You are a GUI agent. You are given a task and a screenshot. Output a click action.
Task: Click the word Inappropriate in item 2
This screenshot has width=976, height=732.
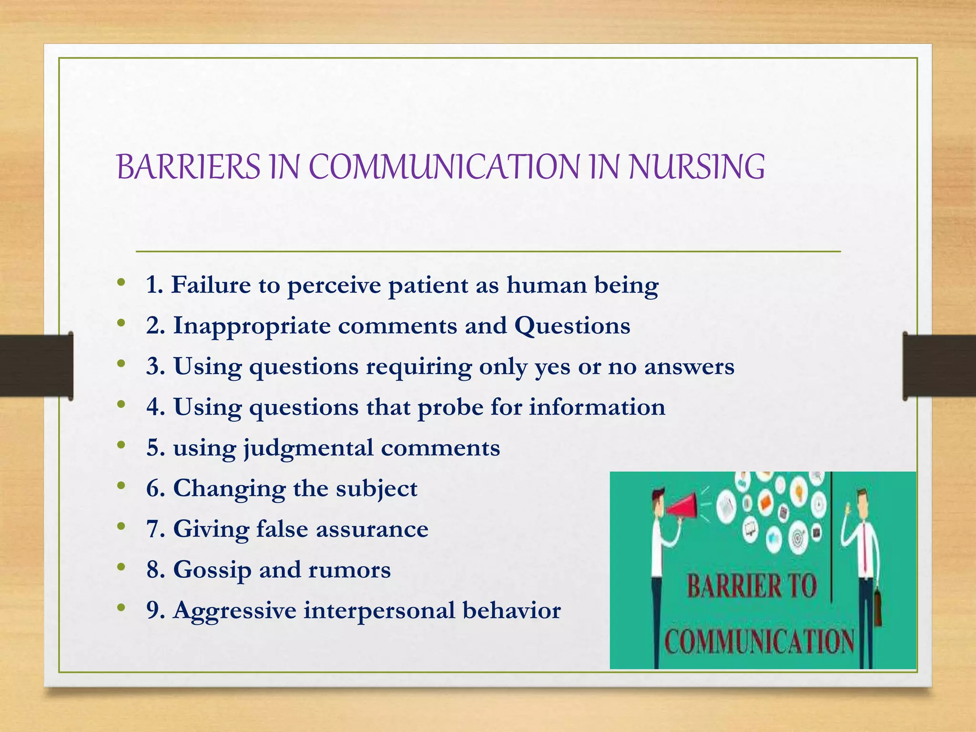pos(252,326)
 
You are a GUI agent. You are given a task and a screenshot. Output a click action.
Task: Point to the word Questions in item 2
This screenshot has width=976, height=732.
pos(572,326)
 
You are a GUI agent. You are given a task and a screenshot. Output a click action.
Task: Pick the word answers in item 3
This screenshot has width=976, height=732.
pos(689,367)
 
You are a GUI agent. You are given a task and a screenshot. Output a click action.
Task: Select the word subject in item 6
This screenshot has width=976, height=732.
pos(376,489)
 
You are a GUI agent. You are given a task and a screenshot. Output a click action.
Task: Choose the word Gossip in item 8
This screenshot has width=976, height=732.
pos(212,570)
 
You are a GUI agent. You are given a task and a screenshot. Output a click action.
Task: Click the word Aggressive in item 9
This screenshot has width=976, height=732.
pos(234,611)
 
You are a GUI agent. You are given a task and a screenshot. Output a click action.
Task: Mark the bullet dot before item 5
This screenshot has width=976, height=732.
pos(122,446)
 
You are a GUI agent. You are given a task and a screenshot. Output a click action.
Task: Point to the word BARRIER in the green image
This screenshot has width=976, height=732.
pos(734,586)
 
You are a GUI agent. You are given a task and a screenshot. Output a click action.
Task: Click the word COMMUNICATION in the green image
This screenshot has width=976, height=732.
pos(759,641)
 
